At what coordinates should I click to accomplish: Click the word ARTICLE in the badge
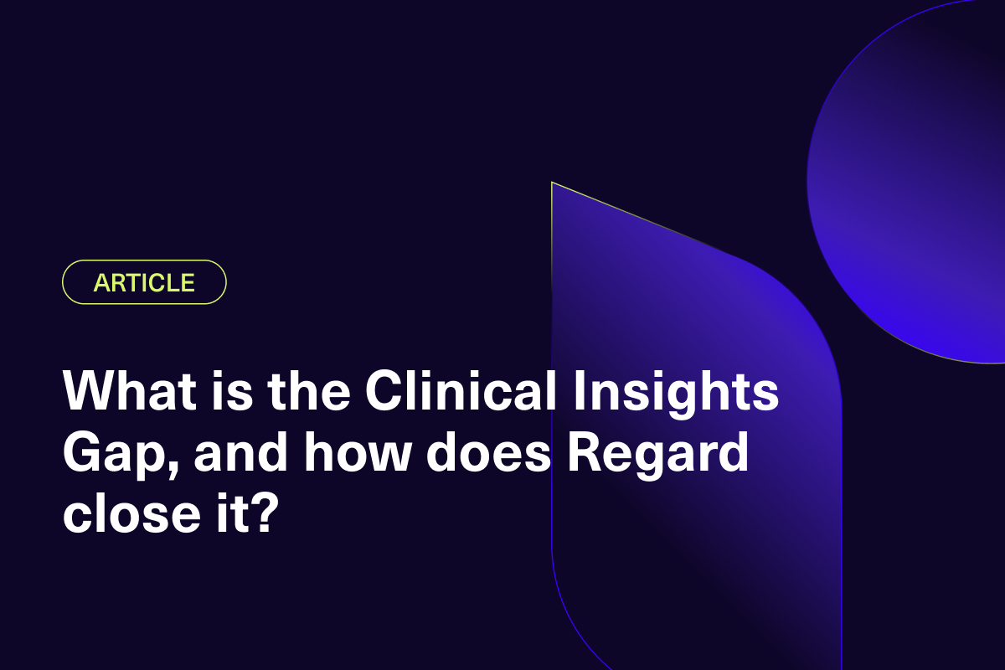[x=144, y=282]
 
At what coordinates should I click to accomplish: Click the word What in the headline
[x=130, y=390]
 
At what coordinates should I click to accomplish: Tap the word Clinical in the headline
[x=461, y=389]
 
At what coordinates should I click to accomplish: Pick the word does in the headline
[x=488, y=451]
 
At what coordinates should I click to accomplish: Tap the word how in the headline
[x=357, y=451]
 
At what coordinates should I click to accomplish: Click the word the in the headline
[x=309, y=390]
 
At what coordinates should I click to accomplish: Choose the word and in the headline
[x=240, y=451]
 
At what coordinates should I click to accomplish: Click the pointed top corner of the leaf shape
[x=552, y=183]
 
